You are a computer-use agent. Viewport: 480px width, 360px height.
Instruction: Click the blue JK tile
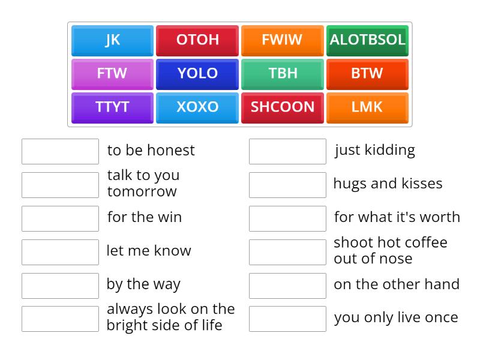112,40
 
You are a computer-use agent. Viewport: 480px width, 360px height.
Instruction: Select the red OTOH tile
197,40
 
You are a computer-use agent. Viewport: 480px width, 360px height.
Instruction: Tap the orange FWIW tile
282,40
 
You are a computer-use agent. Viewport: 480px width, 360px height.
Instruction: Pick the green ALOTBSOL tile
367,40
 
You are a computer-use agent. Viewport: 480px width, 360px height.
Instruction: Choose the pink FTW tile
112,74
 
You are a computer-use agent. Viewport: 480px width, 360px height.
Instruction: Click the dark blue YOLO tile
197,74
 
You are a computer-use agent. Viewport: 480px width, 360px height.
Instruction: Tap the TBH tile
282,74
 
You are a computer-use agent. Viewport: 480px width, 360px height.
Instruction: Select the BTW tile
367,74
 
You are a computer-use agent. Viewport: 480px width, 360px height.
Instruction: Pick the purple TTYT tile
112,107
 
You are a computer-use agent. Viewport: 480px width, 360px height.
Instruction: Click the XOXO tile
197,107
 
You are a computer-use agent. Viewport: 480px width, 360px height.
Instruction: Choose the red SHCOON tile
282,107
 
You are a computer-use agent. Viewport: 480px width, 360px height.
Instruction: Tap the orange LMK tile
367,107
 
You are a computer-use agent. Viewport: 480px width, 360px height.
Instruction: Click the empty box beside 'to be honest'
60,151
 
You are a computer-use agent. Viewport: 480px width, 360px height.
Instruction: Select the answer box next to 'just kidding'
287,151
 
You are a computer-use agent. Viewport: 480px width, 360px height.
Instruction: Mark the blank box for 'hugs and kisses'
287,185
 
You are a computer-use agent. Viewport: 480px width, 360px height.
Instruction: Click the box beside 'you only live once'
287,319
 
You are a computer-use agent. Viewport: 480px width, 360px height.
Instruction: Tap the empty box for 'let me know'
60,252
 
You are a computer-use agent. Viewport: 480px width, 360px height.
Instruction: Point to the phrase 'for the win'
145,217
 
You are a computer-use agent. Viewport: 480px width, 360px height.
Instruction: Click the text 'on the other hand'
397,284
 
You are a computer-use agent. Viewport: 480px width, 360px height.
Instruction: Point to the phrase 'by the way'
143,284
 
